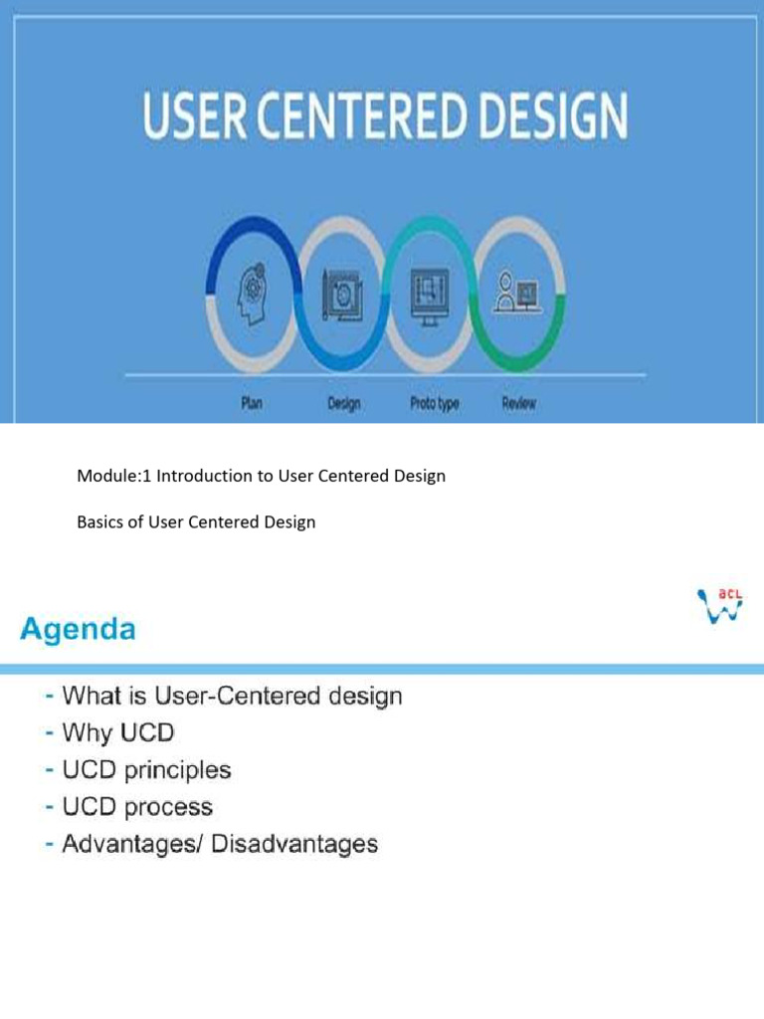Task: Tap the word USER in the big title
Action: [x=195, y=115]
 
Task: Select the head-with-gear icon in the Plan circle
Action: [x=252, y=294]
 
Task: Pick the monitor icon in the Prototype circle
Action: [x=430, y=296]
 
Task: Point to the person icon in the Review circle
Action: [x=517, y=293]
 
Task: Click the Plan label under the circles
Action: [x=252, y=403]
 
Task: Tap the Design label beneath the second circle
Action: [x=343, y=404]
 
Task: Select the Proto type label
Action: [x=434, y=404]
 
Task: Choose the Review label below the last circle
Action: [x=518, y=403]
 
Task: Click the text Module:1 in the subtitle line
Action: [x=113, y=476]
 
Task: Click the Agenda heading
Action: [x=78, y=629]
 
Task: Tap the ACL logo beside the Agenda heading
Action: [x=720, y=606]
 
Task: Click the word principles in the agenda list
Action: [x=177, y=770]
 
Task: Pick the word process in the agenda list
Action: [x=168, y=808]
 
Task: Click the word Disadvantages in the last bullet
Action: [x=294, y=844]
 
